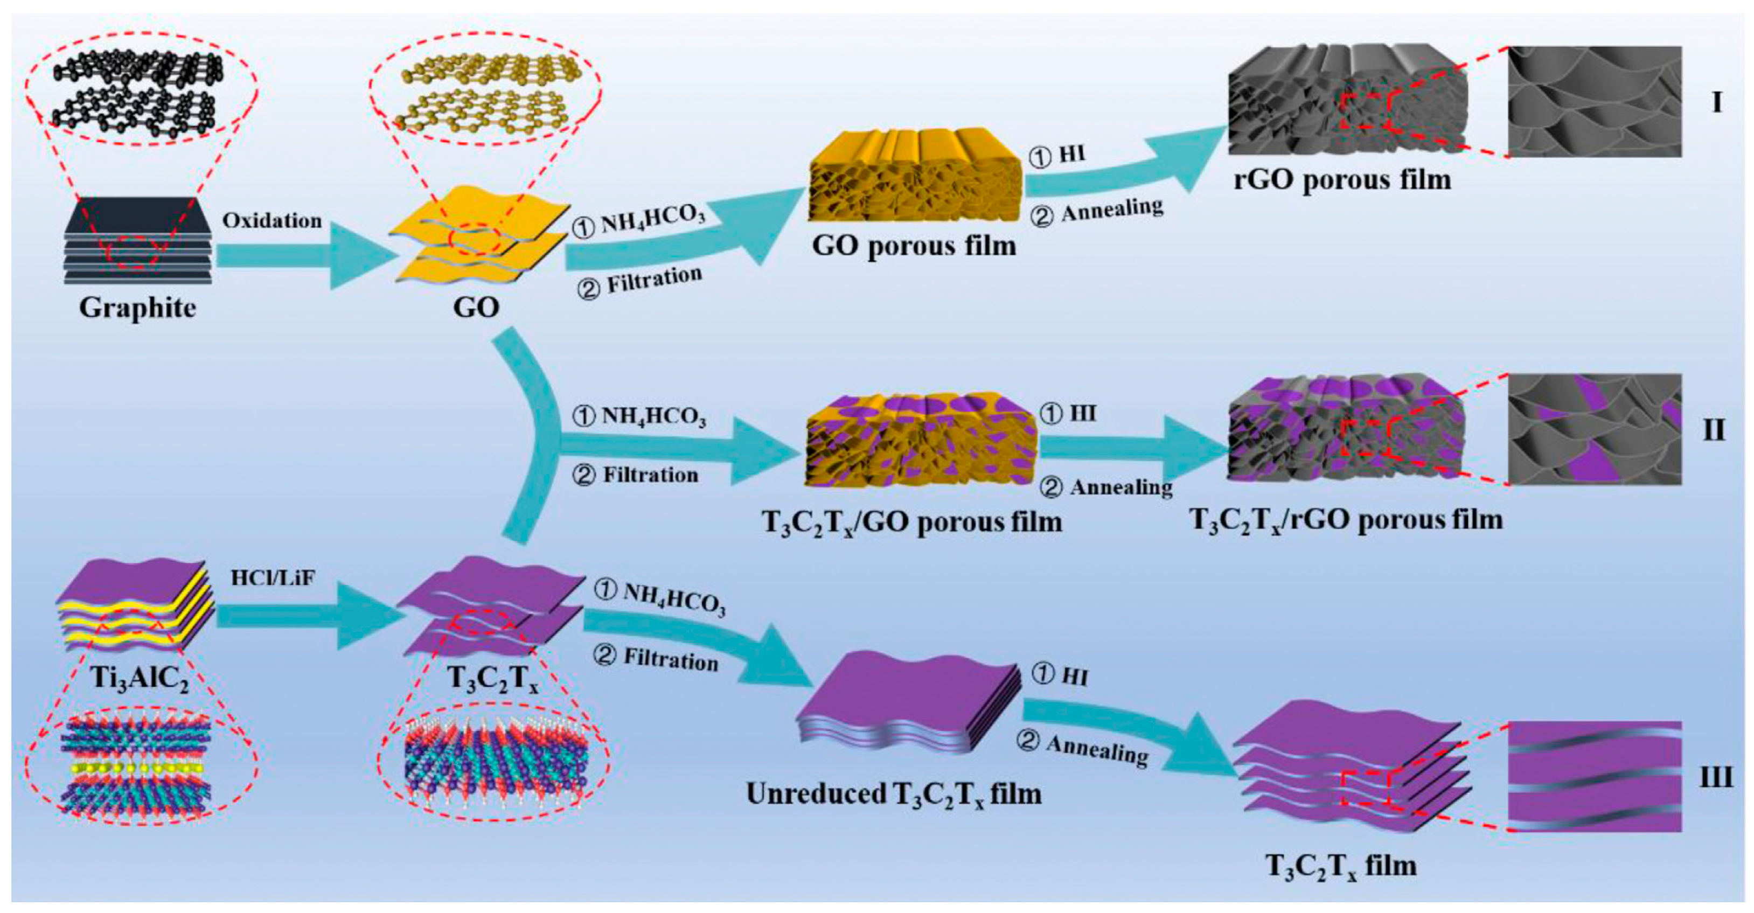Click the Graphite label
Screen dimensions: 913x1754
(137, 308)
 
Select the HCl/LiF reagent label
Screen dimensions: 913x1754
(273, 578)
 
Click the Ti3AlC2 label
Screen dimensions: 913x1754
(140, 678)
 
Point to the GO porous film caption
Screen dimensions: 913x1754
(914, 245)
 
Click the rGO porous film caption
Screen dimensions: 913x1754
(1342, 180)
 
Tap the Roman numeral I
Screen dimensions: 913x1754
(1716, 102)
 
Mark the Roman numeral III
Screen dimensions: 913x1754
(1716, 777)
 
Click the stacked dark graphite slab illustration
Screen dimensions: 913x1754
(137, 242)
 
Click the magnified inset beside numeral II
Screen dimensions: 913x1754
(1595, 429)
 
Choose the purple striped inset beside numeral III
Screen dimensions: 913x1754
(1595, 776)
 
